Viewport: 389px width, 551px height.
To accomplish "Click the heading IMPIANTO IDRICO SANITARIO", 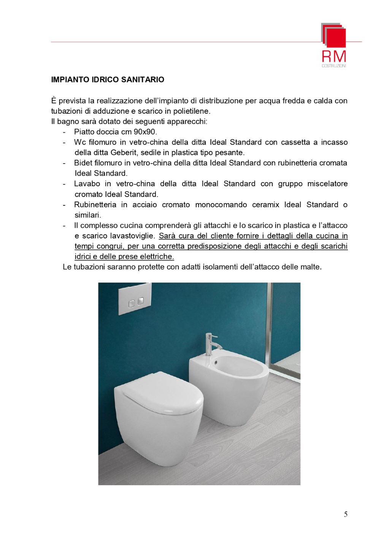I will [x=108, y=79].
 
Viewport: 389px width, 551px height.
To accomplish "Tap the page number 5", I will [x=345, y=514].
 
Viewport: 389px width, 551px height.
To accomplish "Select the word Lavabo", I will [x=87, y=184].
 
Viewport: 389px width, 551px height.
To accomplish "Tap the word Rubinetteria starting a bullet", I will [x=95, y=205].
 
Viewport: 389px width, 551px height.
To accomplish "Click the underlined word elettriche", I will [x=157, y=257].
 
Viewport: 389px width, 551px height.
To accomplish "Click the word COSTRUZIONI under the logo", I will [x=334, y=66].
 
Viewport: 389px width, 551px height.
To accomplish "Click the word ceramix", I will [x=265, y=205].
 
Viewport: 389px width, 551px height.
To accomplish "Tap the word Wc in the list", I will [x=80, y=142].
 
